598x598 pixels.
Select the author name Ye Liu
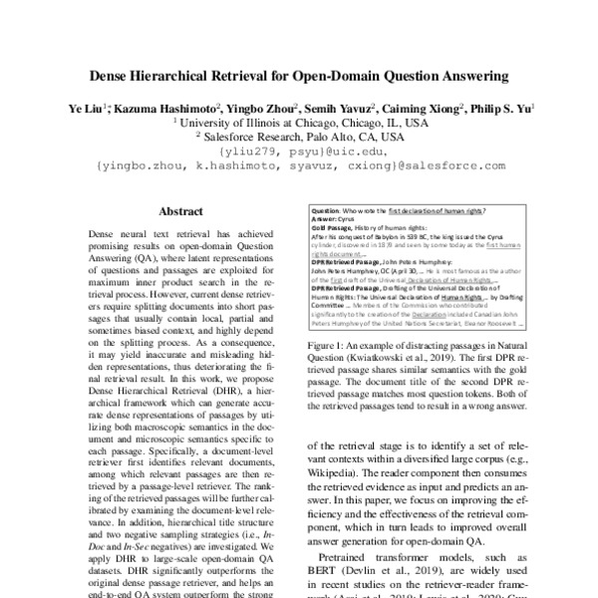tap(83, 106)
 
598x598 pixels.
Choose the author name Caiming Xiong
tap(415, 106)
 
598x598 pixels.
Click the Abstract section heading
tap(182, 211)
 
